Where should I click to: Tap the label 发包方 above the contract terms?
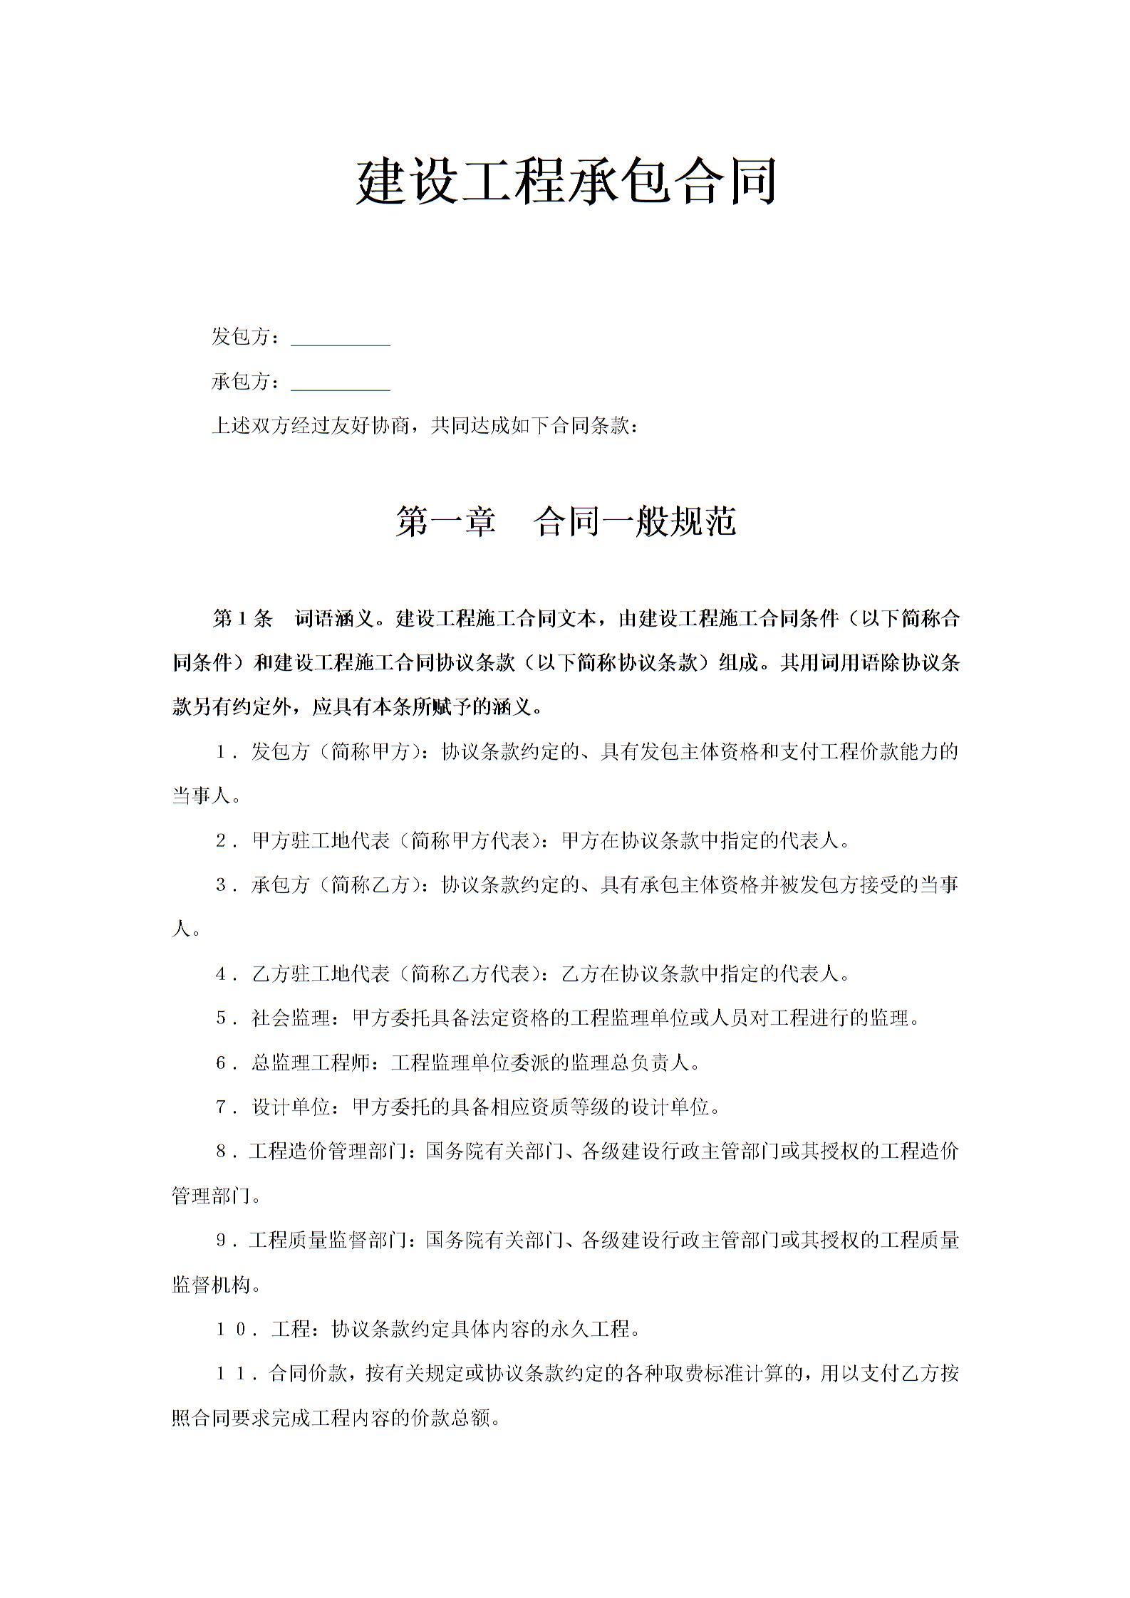(241, 337)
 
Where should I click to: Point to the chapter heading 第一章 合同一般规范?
(566, 522)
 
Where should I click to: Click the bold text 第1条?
(242, 618)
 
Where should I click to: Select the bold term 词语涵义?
(334, 618)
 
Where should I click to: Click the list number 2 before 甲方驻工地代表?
(222, 841)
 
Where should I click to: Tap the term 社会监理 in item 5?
(281, 1019)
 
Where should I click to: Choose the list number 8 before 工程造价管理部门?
(222, 1151)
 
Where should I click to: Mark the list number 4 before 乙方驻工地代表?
(222, 974)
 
